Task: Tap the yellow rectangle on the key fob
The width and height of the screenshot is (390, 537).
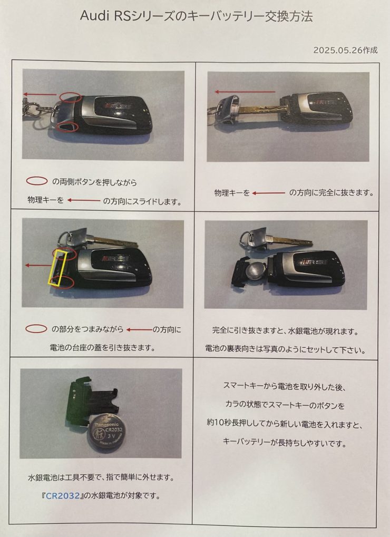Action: point(57,268)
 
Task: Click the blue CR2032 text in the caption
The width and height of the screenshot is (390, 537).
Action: point(63,495)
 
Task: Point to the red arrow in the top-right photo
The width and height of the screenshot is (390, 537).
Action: point(245,92)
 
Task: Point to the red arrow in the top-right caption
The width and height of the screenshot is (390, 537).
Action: point(269,193)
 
